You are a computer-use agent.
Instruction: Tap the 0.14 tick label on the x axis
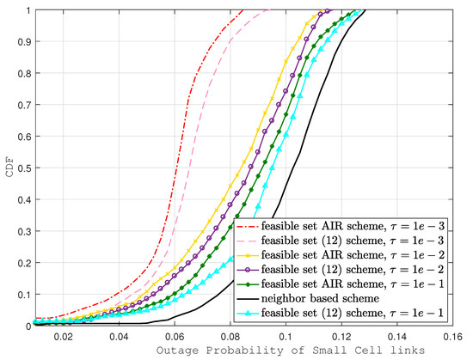[397, 336]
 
